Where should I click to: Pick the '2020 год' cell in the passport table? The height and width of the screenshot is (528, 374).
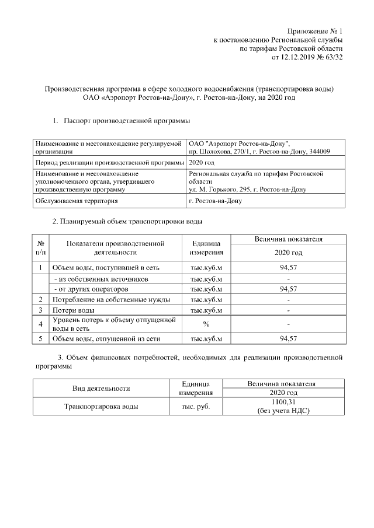[202, 162]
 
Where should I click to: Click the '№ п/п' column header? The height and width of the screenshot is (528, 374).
[41, 248]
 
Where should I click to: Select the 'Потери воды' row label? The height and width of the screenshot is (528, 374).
[74, 310]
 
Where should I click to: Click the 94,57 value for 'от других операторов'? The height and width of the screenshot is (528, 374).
[289, 289]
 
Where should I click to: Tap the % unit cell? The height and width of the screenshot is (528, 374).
[206, 324]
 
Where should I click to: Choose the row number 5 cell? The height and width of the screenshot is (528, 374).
[41, 338]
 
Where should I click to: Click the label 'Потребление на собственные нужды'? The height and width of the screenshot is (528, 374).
[111, 299]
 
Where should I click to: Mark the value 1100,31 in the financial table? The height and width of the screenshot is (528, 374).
[283, 403]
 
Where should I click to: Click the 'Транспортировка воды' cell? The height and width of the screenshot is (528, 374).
[101, 407]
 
